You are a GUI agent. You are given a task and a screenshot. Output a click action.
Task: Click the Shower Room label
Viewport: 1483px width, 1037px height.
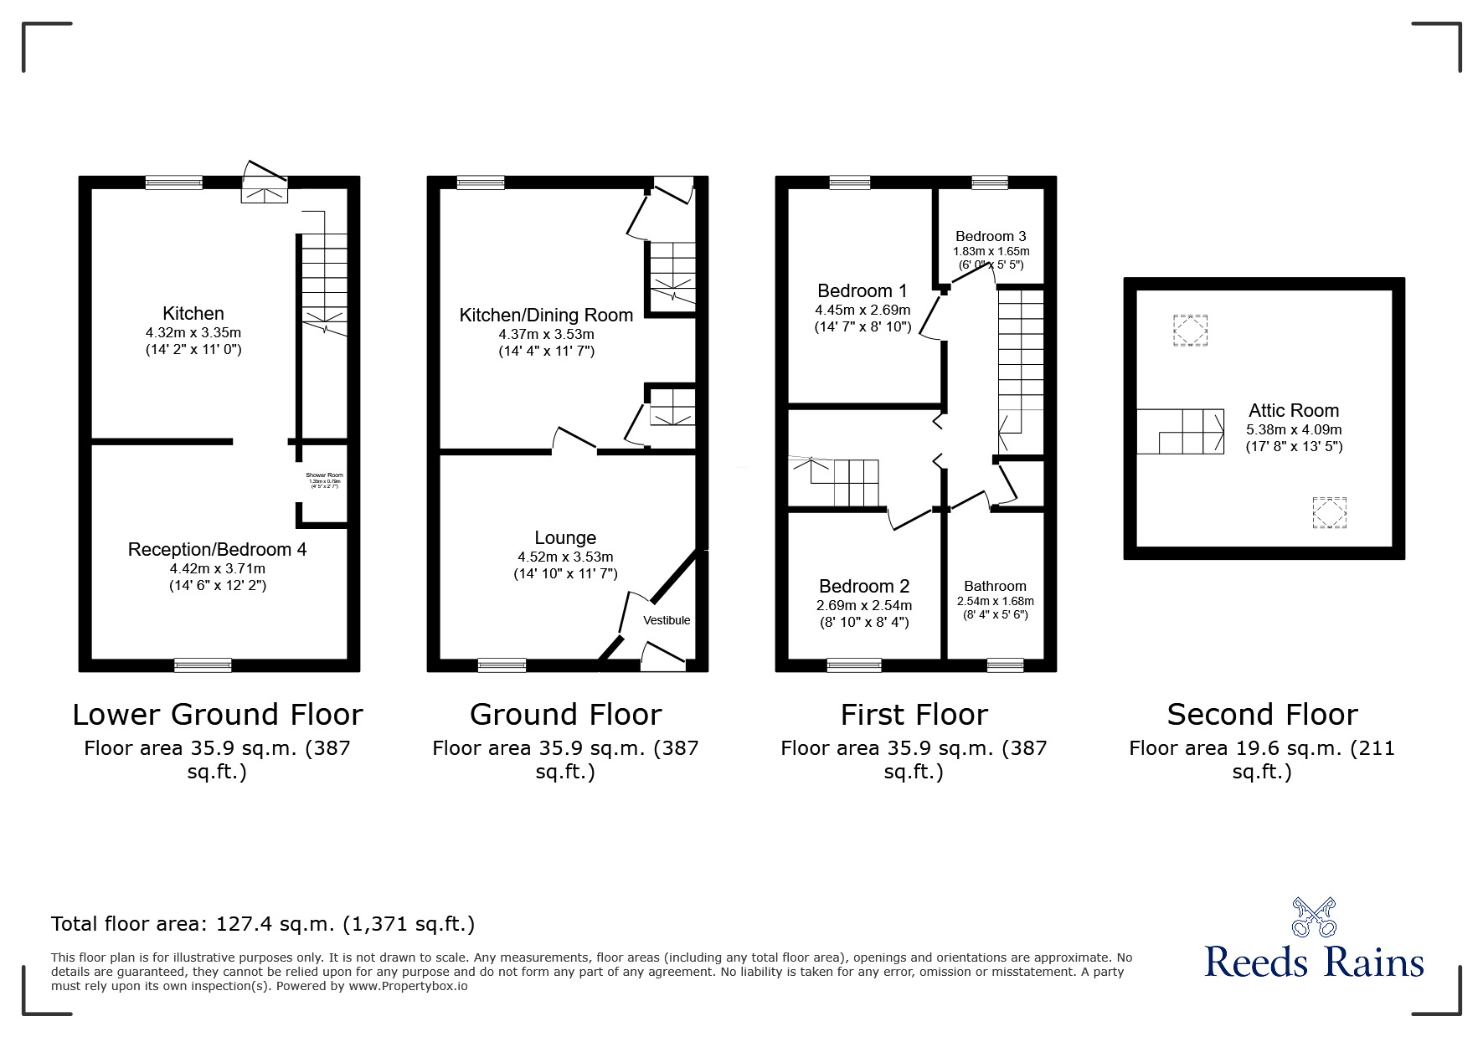(x=324, y=475)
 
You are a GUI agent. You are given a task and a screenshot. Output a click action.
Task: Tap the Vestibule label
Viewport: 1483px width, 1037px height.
(x=667, y=620)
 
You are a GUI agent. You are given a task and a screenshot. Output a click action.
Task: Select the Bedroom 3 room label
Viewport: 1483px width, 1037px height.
(x=991, y=236)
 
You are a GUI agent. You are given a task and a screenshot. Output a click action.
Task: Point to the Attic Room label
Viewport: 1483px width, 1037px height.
(x=1294, y=410)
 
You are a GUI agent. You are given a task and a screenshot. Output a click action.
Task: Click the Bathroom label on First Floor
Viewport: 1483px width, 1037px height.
(x=995, y=586)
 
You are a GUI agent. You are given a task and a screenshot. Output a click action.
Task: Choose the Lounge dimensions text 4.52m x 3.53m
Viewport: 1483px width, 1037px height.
(x=565, y=557)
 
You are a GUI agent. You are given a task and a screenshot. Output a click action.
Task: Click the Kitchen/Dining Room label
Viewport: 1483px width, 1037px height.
(x=546, y=315)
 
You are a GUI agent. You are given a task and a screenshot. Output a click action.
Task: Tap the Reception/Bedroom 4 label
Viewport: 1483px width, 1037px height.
(x=217, y=549)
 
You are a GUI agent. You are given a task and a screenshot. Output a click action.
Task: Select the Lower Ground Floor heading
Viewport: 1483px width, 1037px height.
(x=218, y=714)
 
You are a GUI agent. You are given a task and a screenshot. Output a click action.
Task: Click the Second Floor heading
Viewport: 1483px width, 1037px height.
(x=1262, y=714)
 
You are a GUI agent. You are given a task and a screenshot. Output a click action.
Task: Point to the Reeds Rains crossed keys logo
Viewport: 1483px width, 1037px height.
(x=1314, y=916)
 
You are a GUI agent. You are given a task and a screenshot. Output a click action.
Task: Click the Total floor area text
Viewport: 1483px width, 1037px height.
(x=263, y=924)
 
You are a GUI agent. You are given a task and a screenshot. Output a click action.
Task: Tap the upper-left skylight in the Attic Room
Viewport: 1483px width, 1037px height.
(x=1190, y=330)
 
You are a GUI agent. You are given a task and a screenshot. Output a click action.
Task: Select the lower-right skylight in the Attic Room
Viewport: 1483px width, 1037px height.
(x=1330, y=513)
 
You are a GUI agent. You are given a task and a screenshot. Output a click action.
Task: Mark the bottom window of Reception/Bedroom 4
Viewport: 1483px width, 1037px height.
(x=203, y=665)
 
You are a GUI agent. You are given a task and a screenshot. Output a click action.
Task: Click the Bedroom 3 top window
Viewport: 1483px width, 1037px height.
(x=989, y=182)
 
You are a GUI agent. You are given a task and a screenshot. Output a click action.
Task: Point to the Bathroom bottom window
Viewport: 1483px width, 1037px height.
(x=1005, y=665)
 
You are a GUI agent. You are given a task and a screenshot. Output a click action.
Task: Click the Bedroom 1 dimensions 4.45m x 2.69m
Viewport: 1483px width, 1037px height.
(x=863, y=310)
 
